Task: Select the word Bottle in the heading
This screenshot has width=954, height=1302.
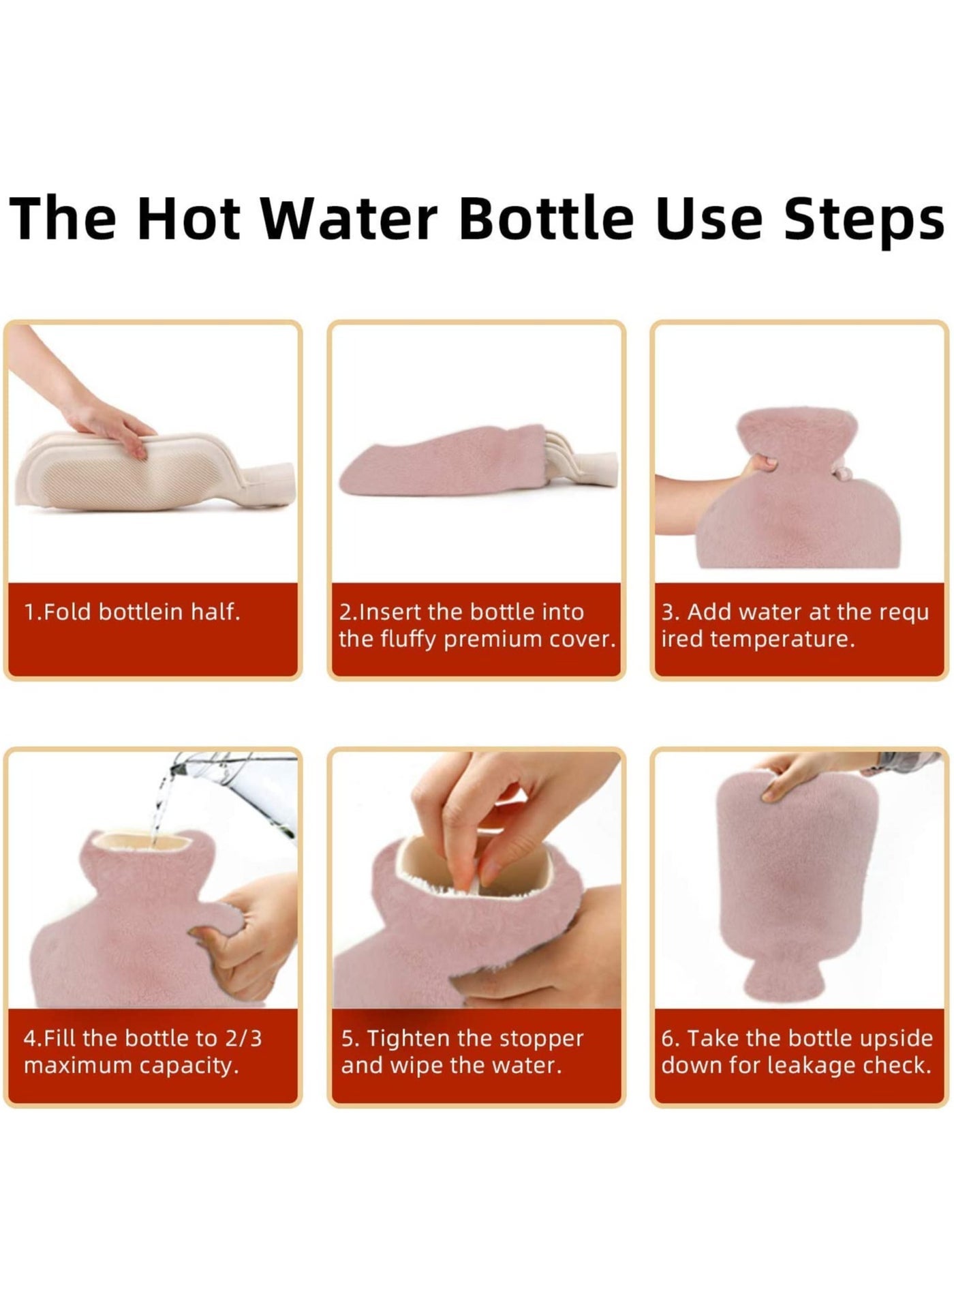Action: (x=547, y=217)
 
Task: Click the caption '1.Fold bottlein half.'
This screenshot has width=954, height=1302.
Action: (x=132, y=611)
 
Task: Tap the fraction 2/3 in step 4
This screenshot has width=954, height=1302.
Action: (x=242, y=1038)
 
